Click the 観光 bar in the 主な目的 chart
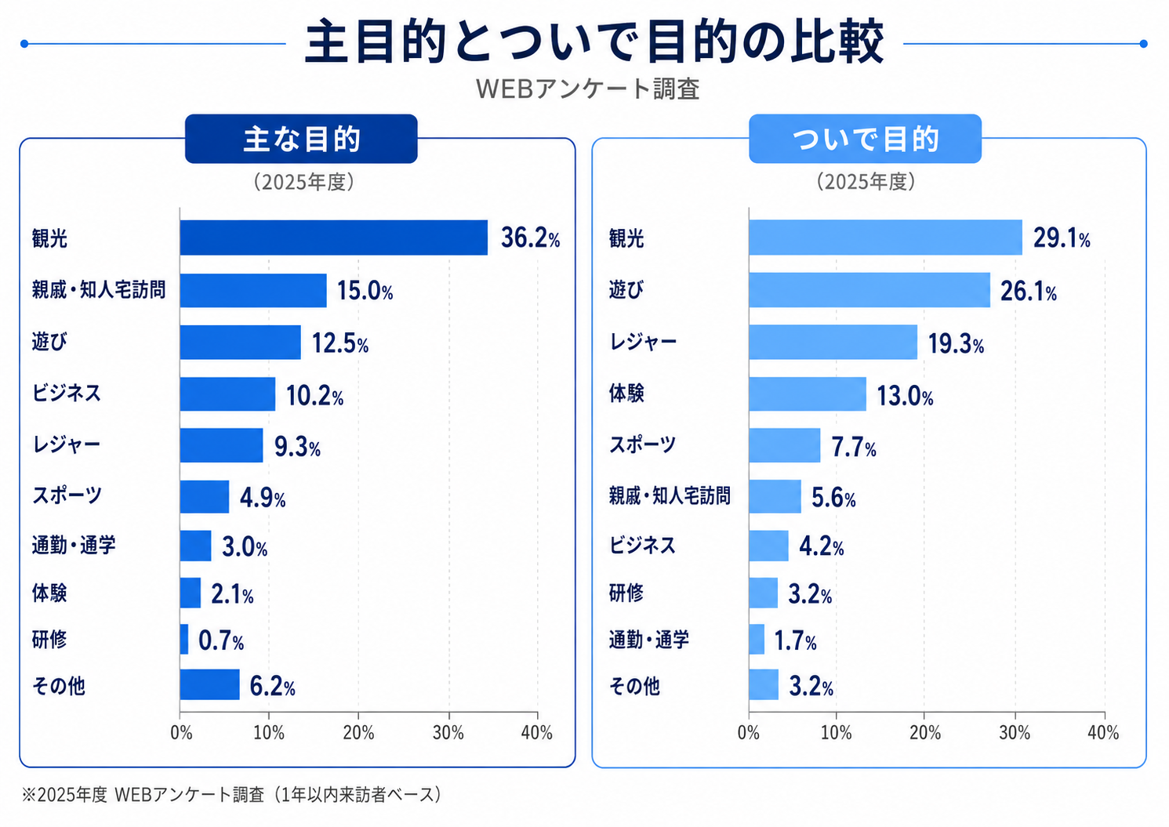click(x=333, y=238)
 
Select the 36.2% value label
click(x=530, y=238)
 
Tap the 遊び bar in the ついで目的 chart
click(x=869, y=289)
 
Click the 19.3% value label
click(x=956, y=344)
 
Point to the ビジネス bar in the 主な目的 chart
click(x=227, y=394)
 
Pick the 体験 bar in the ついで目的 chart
click(x=808, y=394)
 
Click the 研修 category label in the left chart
click(x=49, y=639)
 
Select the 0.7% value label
click(x=221, y=640)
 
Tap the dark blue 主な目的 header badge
click(x=301, y=139)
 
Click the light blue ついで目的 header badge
click(x=865, y=139)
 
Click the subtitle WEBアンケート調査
click(x=587, y=89)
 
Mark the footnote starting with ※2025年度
click(x=233, y=795)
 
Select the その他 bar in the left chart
click(x=210, y=684)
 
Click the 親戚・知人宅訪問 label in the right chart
click(x=670, y=495)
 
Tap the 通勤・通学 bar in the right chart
click(x=757, y=639)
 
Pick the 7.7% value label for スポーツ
click(x=853, y=448)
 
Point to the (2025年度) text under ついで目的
click(x=866, y=182)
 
